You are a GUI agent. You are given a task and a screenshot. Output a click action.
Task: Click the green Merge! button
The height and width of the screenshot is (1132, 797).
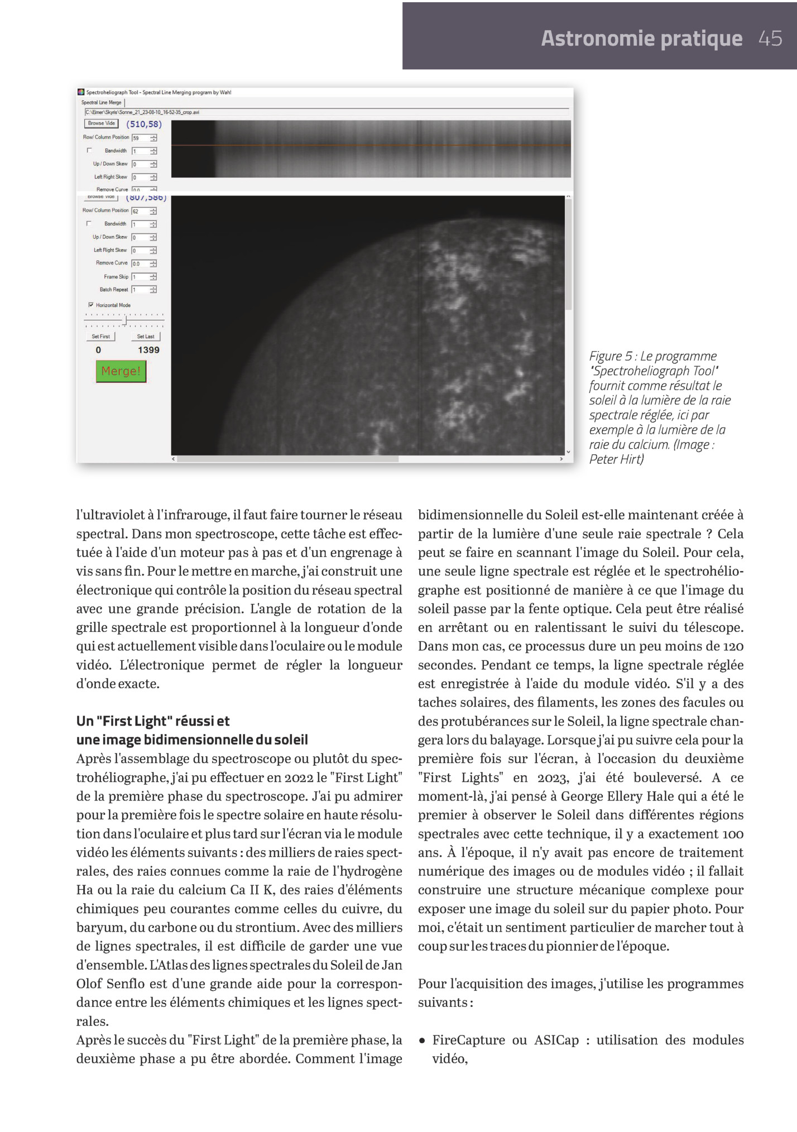pos(121,371)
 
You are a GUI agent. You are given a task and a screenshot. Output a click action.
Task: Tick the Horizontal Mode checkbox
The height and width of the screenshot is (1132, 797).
pos(91,305)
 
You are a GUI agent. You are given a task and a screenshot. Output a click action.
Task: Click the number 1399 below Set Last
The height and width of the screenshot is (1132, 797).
pos(148,350)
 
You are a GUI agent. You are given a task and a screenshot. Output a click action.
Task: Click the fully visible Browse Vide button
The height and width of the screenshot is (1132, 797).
pos(101,123)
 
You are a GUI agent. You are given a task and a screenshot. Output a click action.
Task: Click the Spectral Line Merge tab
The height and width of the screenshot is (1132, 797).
pos(101,103)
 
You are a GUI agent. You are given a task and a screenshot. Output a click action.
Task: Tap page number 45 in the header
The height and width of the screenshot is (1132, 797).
pos(770,39)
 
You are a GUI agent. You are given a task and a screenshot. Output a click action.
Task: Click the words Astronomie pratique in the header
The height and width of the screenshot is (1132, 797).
pos(641,39)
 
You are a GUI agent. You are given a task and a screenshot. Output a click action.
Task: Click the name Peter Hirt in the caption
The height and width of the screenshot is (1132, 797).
pos(616,459)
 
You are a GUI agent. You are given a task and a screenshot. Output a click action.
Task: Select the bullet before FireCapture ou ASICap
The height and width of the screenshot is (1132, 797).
pos(422,1040)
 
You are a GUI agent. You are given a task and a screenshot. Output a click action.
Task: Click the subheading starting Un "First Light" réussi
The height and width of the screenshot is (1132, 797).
pos(153,721)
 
